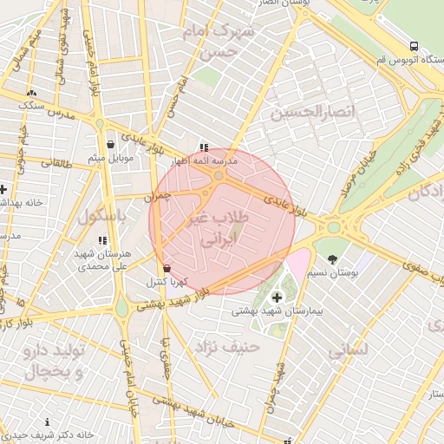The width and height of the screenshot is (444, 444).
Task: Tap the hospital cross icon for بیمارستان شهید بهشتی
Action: click(x=277, y=298)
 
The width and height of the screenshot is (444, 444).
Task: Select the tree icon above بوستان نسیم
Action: click(x=332, y=258)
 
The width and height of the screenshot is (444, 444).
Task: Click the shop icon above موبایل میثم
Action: click(x=110, y=145)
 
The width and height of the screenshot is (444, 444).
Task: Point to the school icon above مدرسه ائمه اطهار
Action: click(x=204, y=147)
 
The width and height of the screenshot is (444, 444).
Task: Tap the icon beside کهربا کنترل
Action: click(x=166, y=268)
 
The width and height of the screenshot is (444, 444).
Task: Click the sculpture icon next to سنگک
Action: click(x=32, y=92)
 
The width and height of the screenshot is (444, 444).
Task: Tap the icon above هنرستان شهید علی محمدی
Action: click(x=102, y=240)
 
